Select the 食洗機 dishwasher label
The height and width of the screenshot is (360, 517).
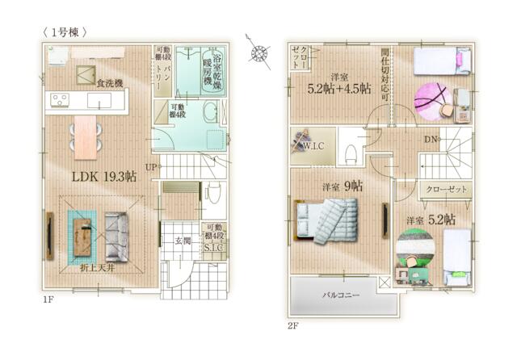click(109, 82)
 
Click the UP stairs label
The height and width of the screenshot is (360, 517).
click(151, 167)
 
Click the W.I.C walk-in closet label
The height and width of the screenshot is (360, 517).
click(313, 148)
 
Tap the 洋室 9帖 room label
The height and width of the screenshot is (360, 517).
click(342, 186)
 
